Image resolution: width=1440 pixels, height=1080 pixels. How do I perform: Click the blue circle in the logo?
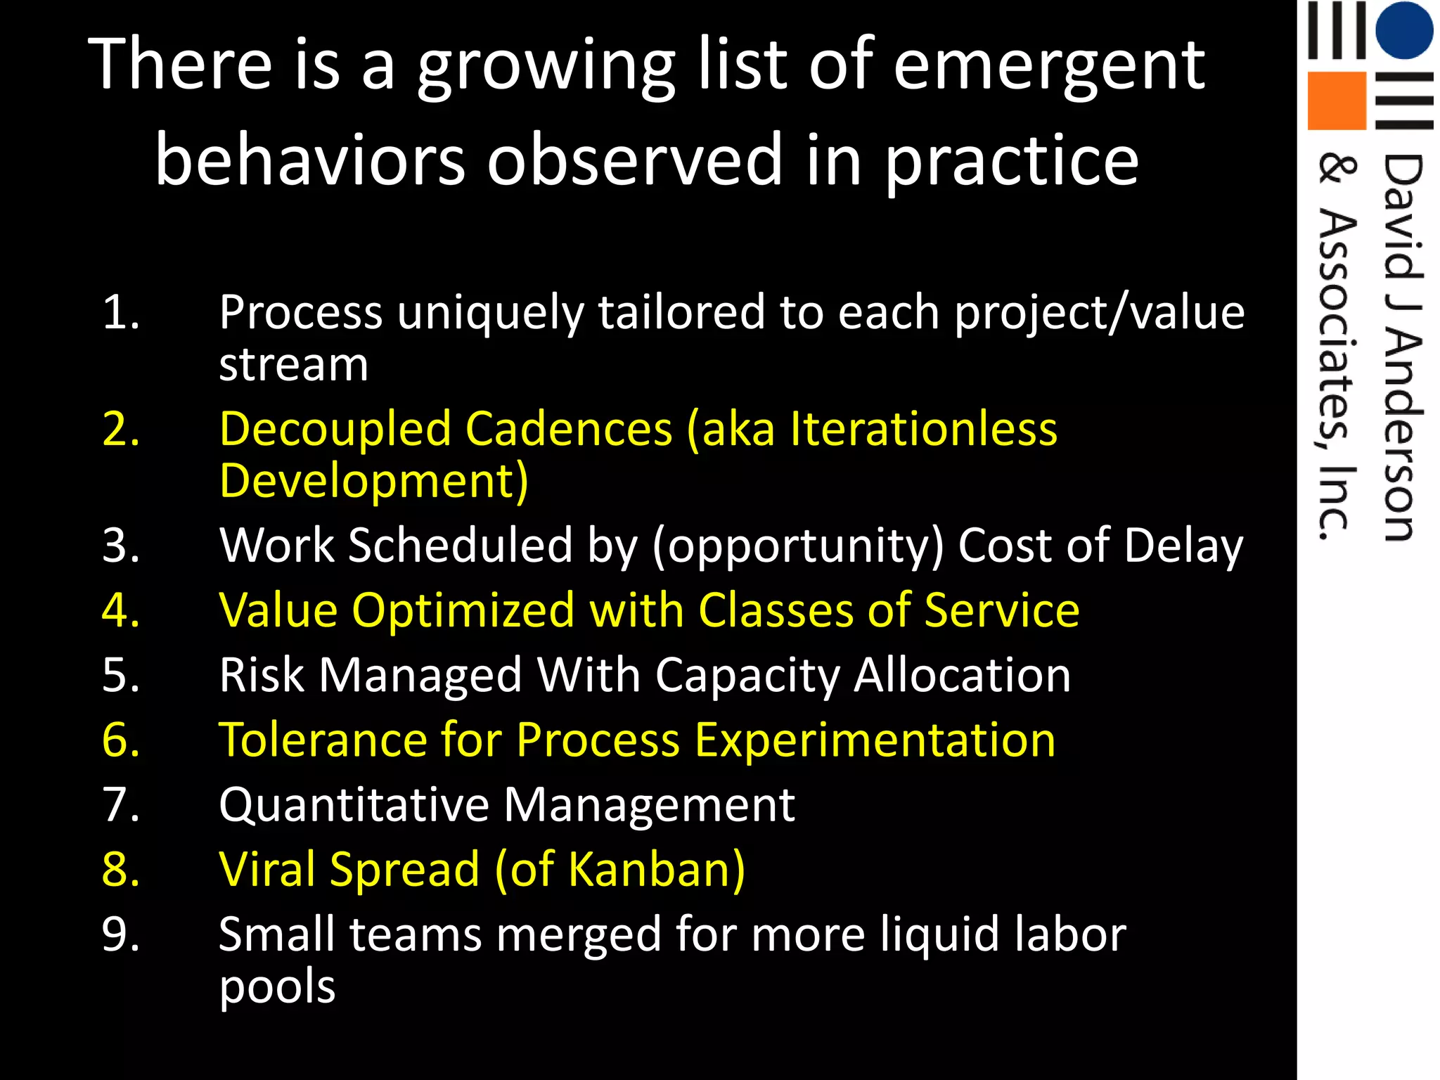1403,30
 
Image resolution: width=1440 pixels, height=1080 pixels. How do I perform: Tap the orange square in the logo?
1336,101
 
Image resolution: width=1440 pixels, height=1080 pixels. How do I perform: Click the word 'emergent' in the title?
1048,67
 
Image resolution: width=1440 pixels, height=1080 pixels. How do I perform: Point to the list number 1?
121,312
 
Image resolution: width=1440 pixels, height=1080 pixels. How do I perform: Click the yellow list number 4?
121,610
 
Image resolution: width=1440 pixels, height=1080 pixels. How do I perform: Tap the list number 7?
121,804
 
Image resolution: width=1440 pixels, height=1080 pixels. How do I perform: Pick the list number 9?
121,934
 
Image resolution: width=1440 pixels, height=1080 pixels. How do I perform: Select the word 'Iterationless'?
923,429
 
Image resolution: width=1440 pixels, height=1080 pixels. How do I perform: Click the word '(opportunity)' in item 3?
798,546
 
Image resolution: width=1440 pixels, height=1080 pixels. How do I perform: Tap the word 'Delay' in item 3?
1183,546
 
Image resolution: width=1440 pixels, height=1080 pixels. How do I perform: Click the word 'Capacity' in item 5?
747,676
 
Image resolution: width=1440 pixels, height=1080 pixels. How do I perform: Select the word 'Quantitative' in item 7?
354,805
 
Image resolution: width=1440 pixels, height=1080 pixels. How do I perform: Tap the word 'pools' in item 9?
277,986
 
